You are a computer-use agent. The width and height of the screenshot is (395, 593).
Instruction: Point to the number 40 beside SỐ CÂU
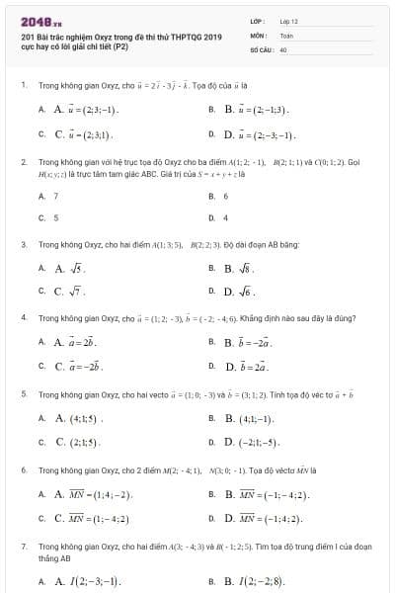[x=283, y=47]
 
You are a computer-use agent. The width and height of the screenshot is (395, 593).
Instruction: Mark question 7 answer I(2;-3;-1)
[x=86, y=581]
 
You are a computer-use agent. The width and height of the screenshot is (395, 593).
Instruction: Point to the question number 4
[x=23, y=318]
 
